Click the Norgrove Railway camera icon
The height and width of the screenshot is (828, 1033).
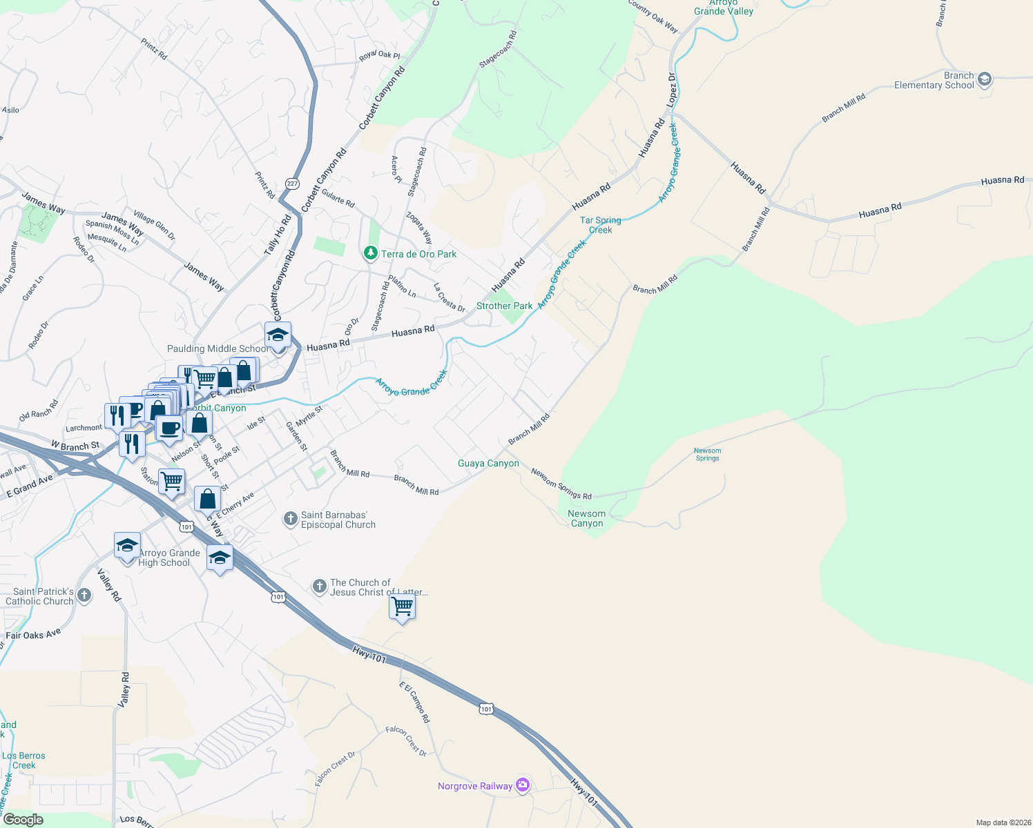(523, 785)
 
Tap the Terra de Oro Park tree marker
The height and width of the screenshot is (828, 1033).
(371, 254)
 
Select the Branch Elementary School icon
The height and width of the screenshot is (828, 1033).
(985, 79)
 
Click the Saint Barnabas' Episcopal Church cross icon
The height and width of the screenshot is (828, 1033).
(291, 519)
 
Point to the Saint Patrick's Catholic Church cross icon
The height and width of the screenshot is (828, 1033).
(84, 595)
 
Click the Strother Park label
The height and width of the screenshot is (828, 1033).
(504, 306)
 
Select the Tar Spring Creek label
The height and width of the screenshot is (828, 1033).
(600, 225)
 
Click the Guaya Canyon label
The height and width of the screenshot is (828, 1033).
(488, 463)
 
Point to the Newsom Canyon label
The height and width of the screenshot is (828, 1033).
(586, 518)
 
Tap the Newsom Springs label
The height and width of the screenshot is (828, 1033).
(707, 454)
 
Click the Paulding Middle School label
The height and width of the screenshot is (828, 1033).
(218, 348)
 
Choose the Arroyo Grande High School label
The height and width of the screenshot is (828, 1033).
(169, 558)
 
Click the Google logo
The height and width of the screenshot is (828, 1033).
(23, 820)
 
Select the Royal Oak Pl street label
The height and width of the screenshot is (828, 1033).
(379, 55)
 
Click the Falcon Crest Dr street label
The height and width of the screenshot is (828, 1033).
(406, 740)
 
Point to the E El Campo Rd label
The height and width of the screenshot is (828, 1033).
(414, 702)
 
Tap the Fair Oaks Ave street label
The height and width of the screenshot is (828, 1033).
(33, 634)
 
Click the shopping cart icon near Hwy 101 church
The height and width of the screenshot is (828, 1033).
(402, 607)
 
